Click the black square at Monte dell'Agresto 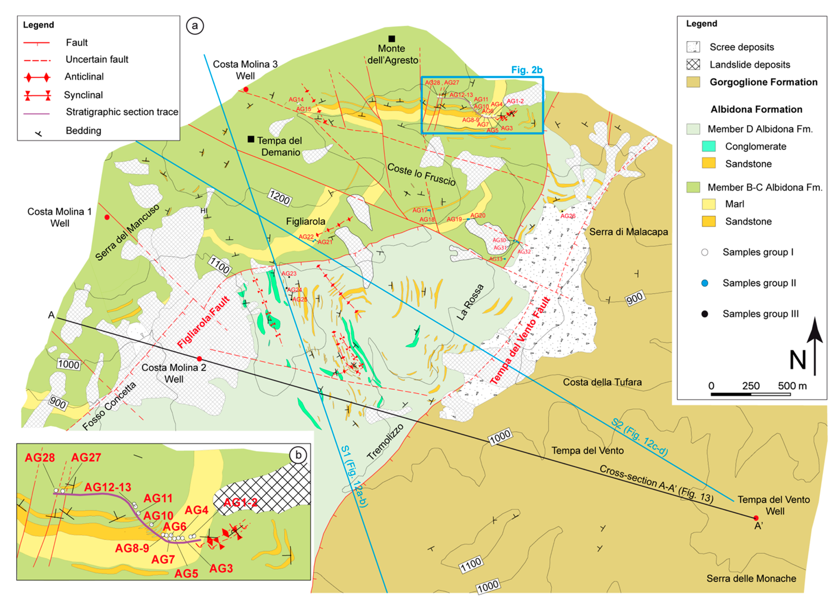pyautogui.click(x=392, y=38)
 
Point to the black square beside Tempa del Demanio pyautogui.click(x=251, y=139)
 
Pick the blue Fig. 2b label pyautogui.click(x=526, y=70)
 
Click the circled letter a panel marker pyautogui.click(x=195, y=26)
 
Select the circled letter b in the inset pyautogui.click(x=298, y=455)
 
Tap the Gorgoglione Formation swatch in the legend pyautogui.click(x=693, y=82)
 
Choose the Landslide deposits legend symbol pyautogui.click(x=693, y=65)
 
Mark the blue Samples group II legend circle pyautogui.click(x=705, y=283)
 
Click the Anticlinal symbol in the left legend pyautogui.click(x=37, y=77)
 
